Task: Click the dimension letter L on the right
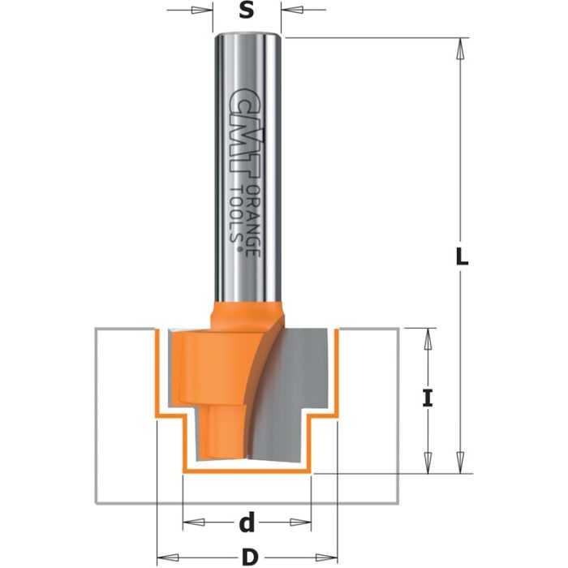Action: (460, 257)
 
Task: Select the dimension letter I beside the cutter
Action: (428, 398)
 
